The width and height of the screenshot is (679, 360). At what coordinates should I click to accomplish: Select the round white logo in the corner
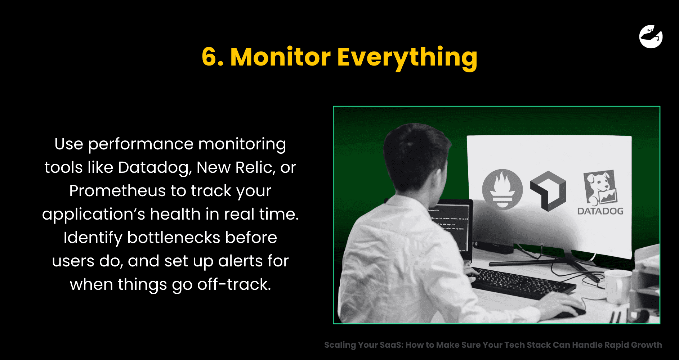click(x=651, y=36)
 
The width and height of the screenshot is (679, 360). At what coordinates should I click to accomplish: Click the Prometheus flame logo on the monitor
click(x=502, y=189)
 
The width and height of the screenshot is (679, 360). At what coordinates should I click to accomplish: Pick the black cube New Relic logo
click(x=548, y=191)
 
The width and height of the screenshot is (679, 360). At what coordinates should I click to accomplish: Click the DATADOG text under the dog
click(x=600, y=211)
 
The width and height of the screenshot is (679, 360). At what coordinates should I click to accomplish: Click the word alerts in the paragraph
click(x=241, y=261)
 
